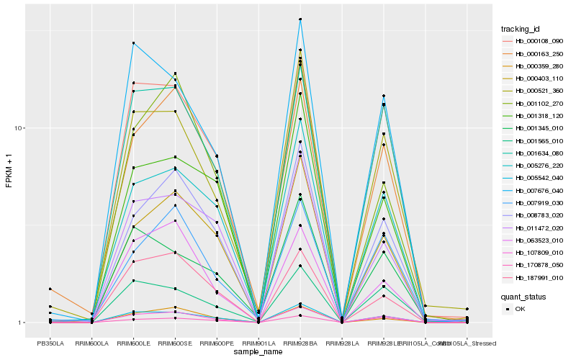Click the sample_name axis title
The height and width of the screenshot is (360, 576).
coord(258,352)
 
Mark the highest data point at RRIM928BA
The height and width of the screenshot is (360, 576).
coord(300,19)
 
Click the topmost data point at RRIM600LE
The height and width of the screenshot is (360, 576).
coord(134,43)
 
